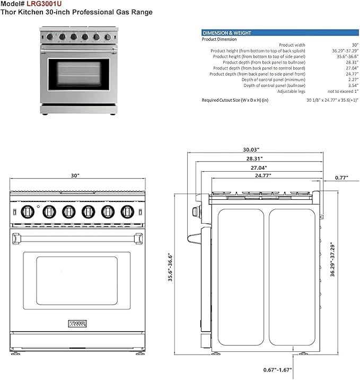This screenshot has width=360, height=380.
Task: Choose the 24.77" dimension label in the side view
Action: [x=264, y=175]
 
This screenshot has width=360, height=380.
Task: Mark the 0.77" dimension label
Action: [x=341, y=178]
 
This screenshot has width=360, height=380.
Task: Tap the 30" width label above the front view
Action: [x=75, y=175]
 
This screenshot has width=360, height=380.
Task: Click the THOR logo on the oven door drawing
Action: [x=77, y=323]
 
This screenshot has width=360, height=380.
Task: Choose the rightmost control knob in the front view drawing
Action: [x=127, y=211]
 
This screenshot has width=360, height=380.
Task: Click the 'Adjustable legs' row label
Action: [x=291, y=91]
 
